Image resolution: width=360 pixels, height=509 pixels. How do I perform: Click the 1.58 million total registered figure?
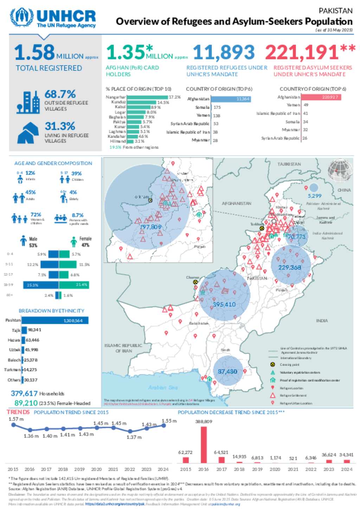[34, 52]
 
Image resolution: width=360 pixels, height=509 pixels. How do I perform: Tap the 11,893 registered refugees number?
[224, 52]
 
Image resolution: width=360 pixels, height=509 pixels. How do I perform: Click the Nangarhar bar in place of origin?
[147, 97]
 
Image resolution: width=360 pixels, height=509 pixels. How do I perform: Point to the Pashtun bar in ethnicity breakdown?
[54, 320]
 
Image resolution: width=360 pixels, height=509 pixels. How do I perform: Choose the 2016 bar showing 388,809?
[204, 445]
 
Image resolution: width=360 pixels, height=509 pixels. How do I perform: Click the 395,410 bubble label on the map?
[224, 304]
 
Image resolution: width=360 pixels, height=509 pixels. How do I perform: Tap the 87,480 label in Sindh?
[227, 371]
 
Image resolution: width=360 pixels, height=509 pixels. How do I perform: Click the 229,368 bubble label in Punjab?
[290, 267]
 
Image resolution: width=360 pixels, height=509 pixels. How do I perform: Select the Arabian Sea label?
[162, 387]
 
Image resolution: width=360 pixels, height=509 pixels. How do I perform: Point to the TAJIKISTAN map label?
[289, 164]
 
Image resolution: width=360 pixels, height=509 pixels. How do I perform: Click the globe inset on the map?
[340, 171]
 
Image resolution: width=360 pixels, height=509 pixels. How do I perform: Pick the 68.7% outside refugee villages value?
[60, 94]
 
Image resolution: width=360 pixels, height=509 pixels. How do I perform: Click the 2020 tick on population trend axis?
[96, 469]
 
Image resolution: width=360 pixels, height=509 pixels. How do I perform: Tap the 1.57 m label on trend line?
[16, 419]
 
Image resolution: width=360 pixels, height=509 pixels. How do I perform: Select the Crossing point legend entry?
[289, 365]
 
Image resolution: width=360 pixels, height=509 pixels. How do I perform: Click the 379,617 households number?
[24, 393]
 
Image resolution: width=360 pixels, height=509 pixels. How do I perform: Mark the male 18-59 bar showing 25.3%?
[41, 285]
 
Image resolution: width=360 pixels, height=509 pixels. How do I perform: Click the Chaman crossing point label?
[193, 278]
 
